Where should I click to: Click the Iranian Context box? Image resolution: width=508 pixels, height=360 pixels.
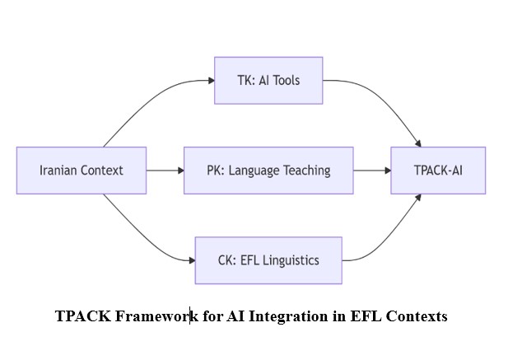82,171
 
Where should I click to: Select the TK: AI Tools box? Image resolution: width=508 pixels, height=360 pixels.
268,80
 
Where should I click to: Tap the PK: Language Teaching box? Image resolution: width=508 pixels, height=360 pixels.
268,171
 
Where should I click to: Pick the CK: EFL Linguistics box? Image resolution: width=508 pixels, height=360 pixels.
268,260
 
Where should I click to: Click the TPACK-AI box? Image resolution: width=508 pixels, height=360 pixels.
438,171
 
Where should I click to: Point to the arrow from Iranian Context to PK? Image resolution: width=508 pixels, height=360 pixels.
165,171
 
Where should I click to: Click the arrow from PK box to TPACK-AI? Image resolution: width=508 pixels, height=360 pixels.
372,171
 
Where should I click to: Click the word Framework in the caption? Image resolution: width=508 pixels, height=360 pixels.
157,316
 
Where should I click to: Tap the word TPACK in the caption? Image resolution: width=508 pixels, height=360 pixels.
80,316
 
